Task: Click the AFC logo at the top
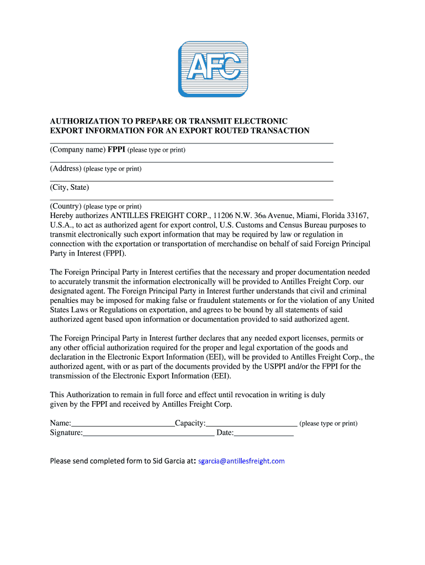tap(212, 69)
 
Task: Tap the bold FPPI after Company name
tap(116, 150)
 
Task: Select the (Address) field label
tap(66, 169)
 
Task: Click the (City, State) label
tap(70, 188)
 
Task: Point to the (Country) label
tap(66, 206)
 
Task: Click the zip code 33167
tap(357, 215)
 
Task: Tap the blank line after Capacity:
tap(251, 423)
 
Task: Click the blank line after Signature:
tap(148, 433)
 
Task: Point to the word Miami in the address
tap(309, 215)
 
